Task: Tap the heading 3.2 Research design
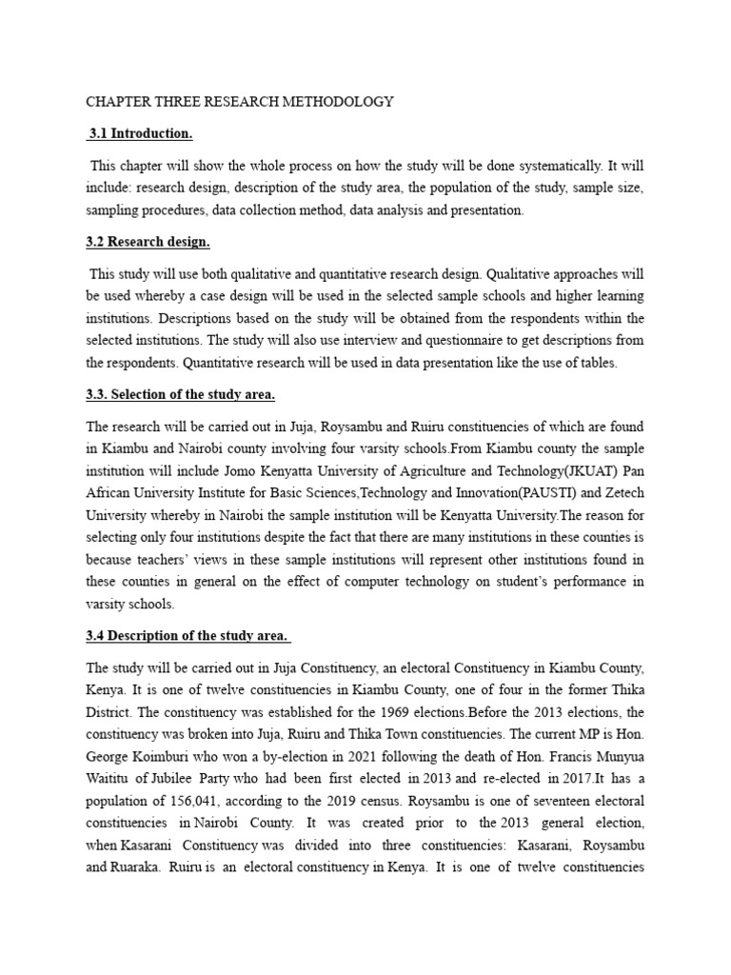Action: (148, 242)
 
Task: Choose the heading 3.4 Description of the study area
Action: (188, 637)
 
